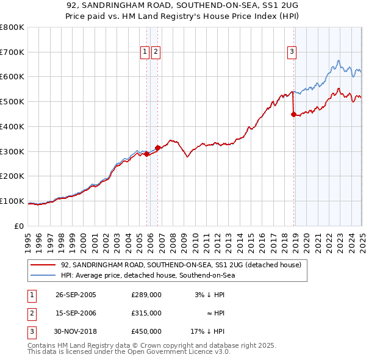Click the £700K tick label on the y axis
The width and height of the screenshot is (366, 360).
coord(12,52)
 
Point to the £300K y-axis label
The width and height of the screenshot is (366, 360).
coord(12,151)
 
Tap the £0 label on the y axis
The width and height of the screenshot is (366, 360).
coord(19,226)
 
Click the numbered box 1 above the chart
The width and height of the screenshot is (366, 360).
coord(145,52)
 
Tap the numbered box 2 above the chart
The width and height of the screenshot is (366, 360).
coord(156,52)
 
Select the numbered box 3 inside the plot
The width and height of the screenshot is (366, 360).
coord(292,52)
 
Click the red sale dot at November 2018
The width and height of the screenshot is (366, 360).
coord(294,114)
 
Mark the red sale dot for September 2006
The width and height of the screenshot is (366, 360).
coord(157,148)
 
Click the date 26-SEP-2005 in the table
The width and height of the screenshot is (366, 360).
coord(76,295)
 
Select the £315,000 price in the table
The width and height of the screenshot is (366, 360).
coord(146,313)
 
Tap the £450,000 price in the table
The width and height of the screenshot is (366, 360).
coord(146,331)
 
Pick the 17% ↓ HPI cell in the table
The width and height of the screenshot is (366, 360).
coord(207,331)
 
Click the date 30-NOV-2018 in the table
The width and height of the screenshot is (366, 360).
coord(76,331)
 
